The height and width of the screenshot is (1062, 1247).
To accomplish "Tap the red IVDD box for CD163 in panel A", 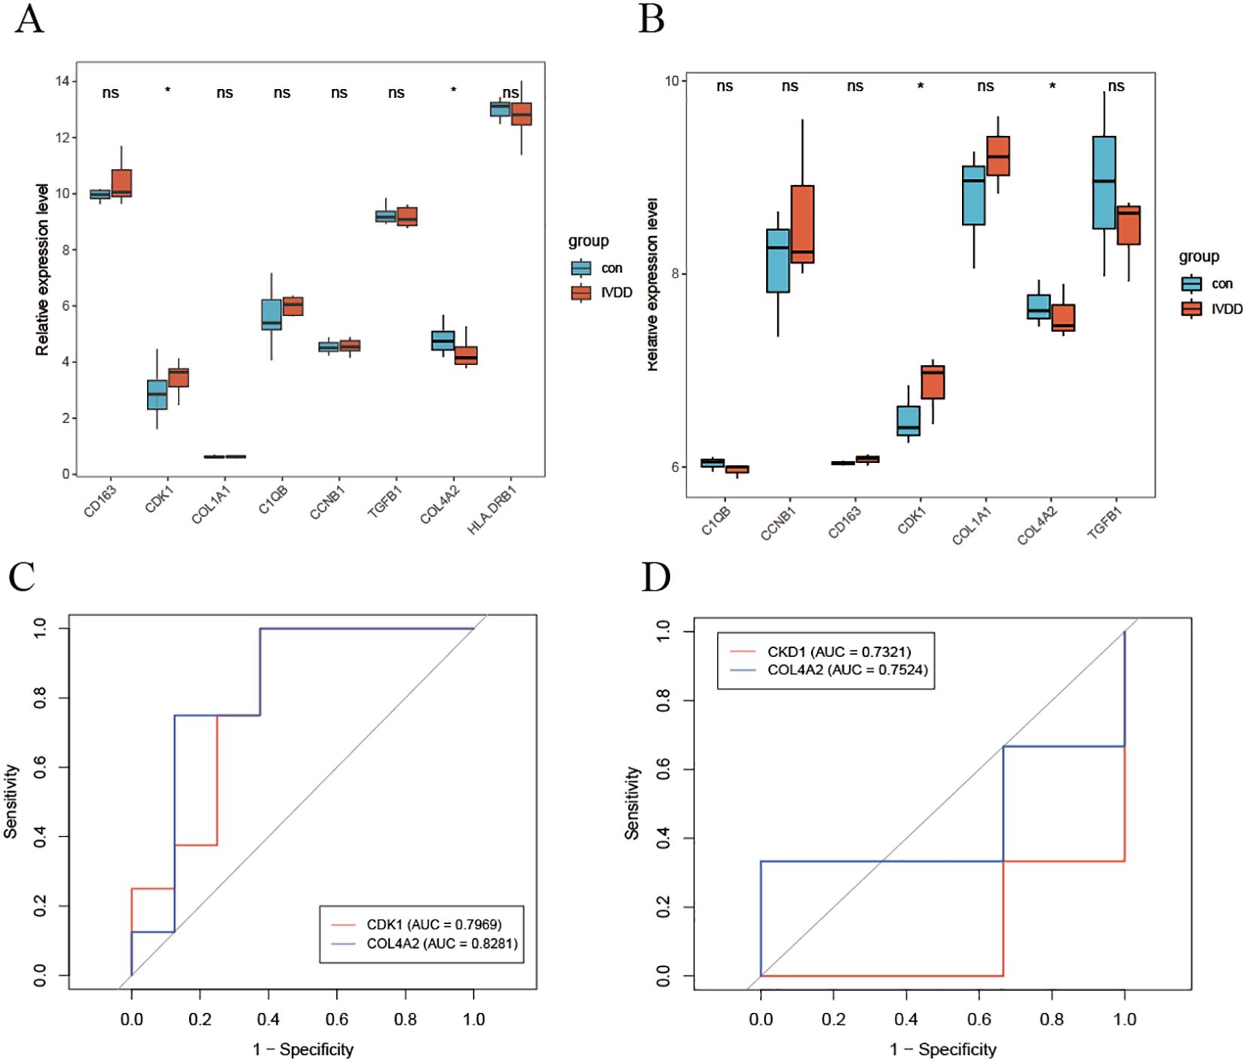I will [x=121, y=183].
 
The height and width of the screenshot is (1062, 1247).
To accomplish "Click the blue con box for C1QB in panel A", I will [x=271, y=315].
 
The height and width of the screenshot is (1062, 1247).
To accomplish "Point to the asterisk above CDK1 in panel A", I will [x=167, y=91].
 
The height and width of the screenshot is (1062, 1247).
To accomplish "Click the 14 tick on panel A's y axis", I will [x=61, y=81].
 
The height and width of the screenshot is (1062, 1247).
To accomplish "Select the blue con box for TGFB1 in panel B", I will [x=1104, y=183].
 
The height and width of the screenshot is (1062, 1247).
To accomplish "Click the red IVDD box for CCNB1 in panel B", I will [x=802, y=224].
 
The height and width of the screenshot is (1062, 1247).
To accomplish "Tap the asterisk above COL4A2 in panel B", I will [x=1052, y=87].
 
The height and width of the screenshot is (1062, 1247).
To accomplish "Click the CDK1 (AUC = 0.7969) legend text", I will [x=434, y=924].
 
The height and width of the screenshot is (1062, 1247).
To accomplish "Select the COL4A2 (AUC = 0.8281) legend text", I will [x=442, y=943].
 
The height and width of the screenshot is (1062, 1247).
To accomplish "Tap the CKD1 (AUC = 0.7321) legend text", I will [x=839, y=651].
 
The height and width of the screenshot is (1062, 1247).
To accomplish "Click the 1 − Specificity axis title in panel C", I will [x=303, y=1048].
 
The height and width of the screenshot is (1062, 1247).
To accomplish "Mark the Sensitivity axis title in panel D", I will [x=632, y=803].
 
